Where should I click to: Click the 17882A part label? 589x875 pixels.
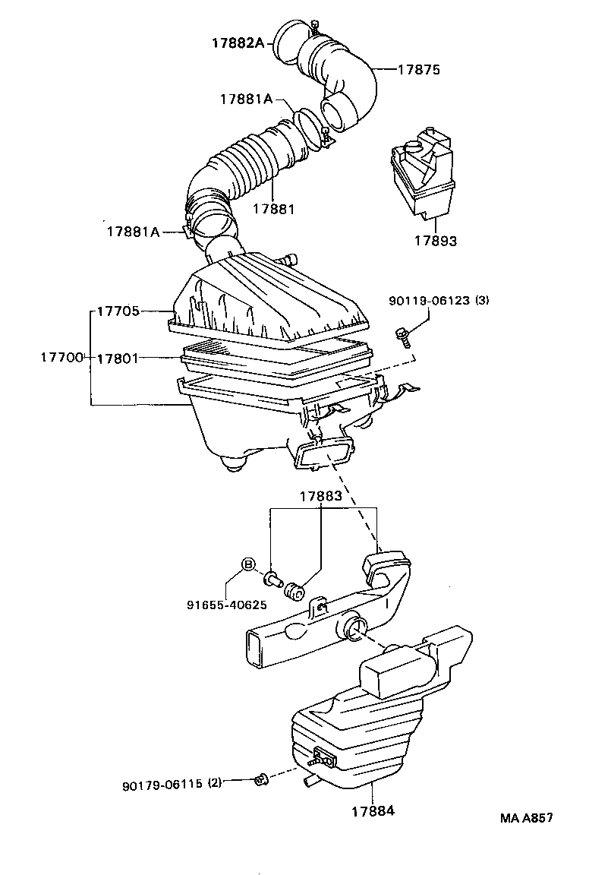[237, 43]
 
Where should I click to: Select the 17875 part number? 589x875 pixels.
[419, 69]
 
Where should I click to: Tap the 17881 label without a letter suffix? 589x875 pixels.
[273, 209]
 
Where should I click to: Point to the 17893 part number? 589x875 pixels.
[435, 242]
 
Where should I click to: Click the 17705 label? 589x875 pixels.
[118, 311]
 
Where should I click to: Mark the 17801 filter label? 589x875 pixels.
[118, 357]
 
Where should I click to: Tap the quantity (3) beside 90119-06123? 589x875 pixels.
[482, 301]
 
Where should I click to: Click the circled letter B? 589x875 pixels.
[247, 564]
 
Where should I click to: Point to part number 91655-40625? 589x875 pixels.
[226, 605]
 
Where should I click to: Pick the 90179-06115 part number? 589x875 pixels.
[162, 784]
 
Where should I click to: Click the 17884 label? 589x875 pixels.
[372, 810]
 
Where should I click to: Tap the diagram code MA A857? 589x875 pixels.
[526, 818]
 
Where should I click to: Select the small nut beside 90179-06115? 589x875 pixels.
[262, 778]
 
